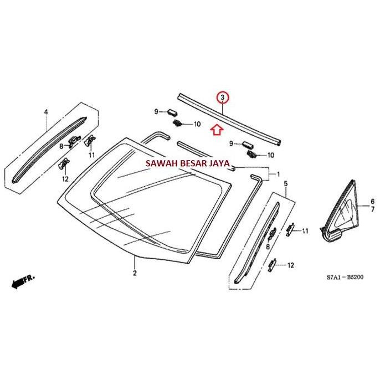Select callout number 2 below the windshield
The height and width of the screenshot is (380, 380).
134,273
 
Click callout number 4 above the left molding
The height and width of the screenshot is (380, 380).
46,112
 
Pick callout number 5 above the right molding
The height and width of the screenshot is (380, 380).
285,183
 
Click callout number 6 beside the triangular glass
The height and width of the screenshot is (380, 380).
372,201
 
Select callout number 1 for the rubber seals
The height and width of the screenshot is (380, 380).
278,173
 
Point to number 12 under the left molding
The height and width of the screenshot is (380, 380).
65,178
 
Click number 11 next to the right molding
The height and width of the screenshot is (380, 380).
305,230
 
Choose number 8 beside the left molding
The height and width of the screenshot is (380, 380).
61,146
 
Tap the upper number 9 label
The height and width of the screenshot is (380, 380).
156,112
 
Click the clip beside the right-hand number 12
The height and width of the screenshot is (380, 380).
274,265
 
